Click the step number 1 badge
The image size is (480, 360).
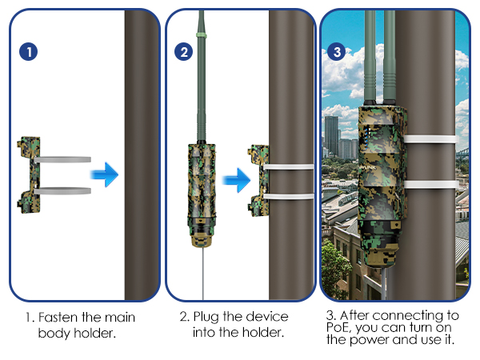click(28, 52)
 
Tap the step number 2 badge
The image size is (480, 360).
click(185, 52)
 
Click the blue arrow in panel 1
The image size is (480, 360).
click(105, 174)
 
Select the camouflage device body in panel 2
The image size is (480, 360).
click(200, 188)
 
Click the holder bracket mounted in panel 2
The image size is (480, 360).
click(258, 182)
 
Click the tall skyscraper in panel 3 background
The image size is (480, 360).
click(331, 136)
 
